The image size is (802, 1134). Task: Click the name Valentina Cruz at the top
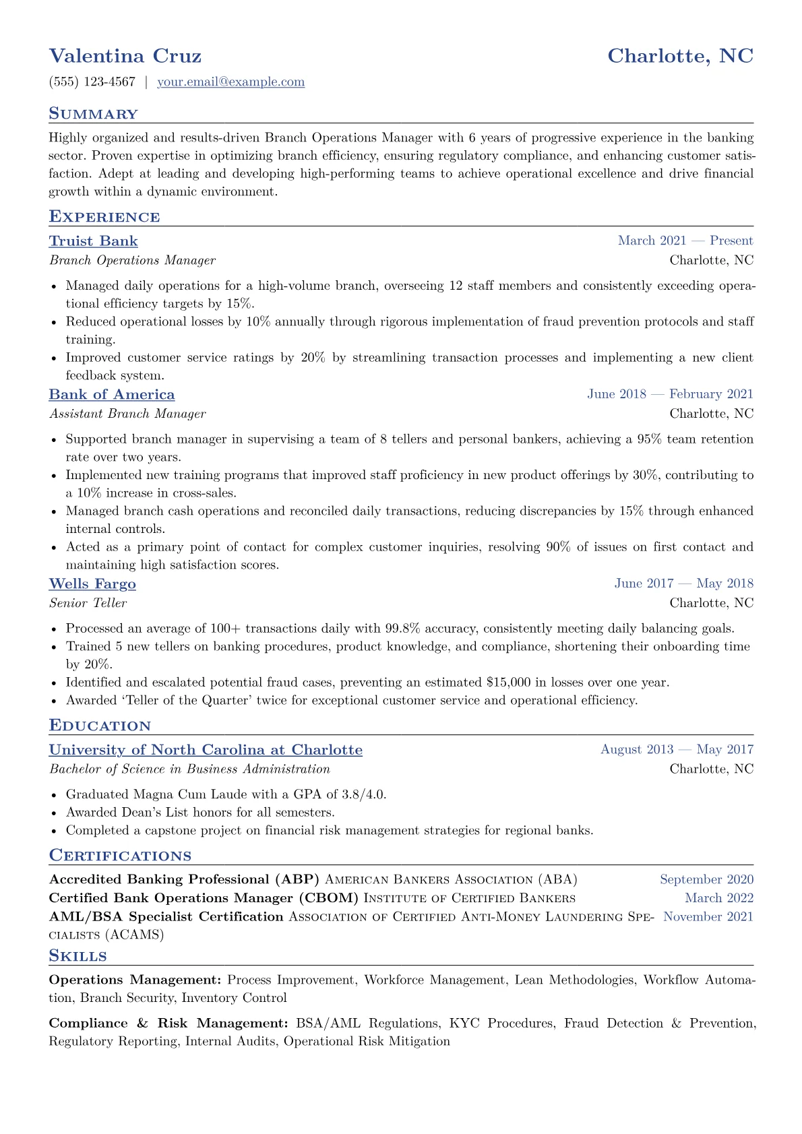click(x=125, y=55)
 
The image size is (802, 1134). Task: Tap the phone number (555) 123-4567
click(x=92, y=82)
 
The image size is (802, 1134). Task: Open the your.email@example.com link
click(x=230, y=82)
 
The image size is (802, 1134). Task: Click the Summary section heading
click(x=93, y=114)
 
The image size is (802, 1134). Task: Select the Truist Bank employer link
click(x=93, y=241)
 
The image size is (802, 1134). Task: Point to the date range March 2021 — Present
click(x=685, y=241)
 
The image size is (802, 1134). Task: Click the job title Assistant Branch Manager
click(x=127, y=414)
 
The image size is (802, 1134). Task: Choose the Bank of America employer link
click(x=112, y=395)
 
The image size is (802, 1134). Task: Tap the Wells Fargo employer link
click(x=92, y=584)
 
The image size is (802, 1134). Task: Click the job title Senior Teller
click(x=88, y=603)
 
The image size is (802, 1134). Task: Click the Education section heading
click(x=100, y=726)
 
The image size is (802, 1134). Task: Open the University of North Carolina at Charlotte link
click(x=206, y=750)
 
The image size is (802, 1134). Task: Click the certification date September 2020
click(x=706, y=879)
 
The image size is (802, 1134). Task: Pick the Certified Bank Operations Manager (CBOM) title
click(x=204, y=898)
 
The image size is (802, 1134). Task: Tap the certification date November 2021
click(x=708, y=917)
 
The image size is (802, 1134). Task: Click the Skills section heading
click(x=78, y=956)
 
